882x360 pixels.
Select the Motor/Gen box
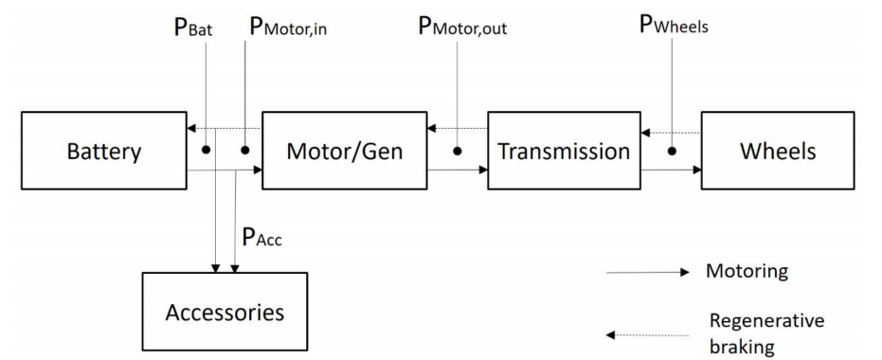[x=345, y=151]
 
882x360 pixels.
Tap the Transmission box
[x=564, y=151]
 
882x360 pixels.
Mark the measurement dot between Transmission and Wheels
[x=672, y=151]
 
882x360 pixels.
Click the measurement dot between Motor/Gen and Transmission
[x=457, y=151]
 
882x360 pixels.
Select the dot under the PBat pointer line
[x=206, y=151]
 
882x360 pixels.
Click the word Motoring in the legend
[x=747, y=273]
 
